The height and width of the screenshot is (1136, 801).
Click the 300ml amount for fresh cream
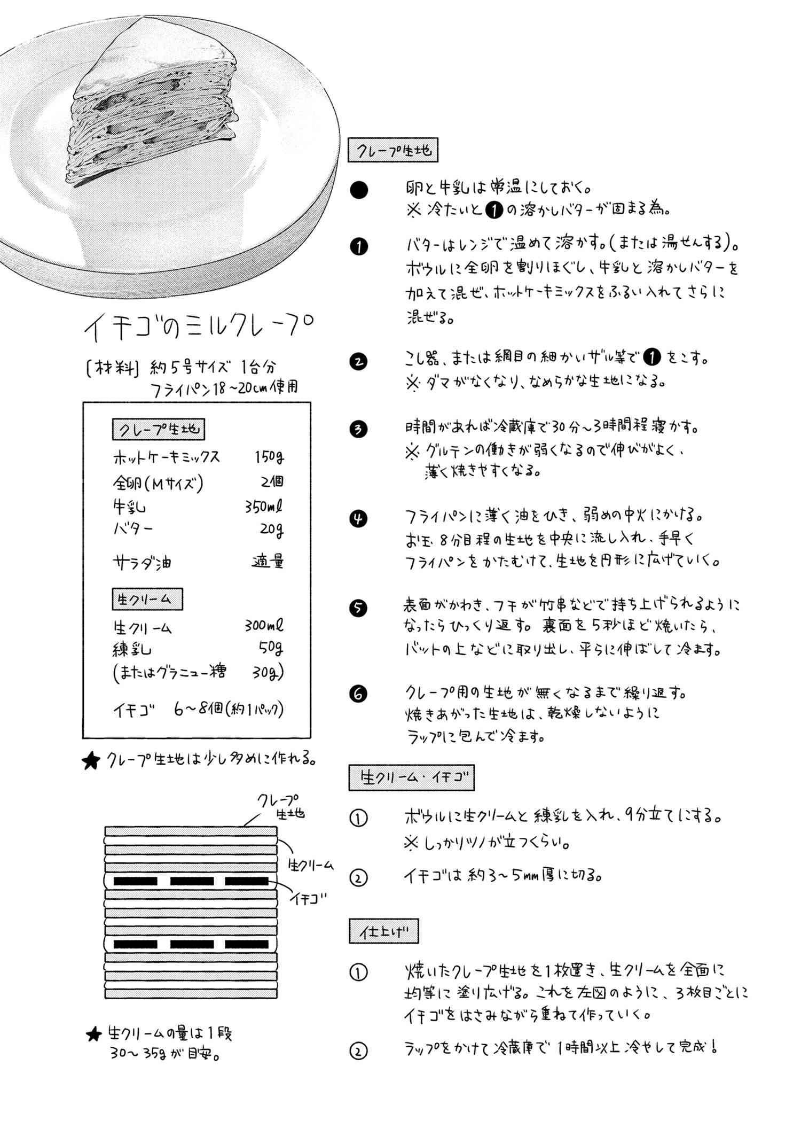264,625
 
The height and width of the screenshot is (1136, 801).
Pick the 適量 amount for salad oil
268,562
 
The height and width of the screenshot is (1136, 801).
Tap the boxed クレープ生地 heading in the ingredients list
159,429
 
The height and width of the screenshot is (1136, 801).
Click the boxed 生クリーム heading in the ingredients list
147,600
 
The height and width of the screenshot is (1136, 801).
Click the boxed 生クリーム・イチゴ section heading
411,778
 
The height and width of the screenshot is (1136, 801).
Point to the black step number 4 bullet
358,519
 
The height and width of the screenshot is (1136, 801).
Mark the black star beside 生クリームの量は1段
94,1034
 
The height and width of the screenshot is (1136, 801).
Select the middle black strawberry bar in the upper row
192,881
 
